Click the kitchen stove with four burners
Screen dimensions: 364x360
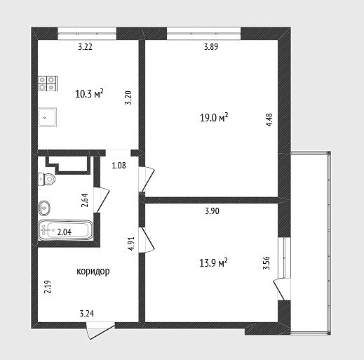pos(48,84)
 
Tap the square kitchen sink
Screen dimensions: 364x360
pos(48,117)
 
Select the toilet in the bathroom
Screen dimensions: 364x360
pos(47,180)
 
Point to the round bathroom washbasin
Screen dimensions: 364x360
pos(44,208)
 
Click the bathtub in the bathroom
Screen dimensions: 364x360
pos(66,230)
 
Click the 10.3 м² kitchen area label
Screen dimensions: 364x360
pos(90,93)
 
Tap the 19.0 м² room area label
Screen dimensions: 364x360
pos(214,117)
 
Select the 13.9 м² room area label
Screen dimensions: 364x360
pos(213,262)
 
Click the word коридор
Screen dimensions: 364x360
pos(93,272)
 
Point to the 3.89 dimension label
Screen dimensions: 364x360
pos(211,47)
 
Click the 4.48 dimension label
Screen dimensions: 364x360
pos(269,120)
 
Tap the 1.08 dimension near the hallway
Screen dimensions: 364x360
pos(119,166)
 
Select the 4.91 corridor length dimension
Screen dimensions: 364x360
pos(131,244)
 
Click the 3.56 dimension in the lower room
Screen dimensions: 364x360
pos(267,263)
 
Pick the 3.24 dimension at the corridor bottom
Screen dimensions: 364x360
pos(87,313)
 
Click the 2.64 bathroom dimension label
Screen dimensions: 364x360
pos(85,200)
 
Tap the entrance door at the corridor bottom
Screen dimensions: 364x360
pos(100,331)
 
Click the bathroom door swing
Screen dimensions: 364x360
pos(102,200)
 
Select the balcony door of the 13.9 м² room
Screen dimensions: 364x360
pos(282,289)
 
